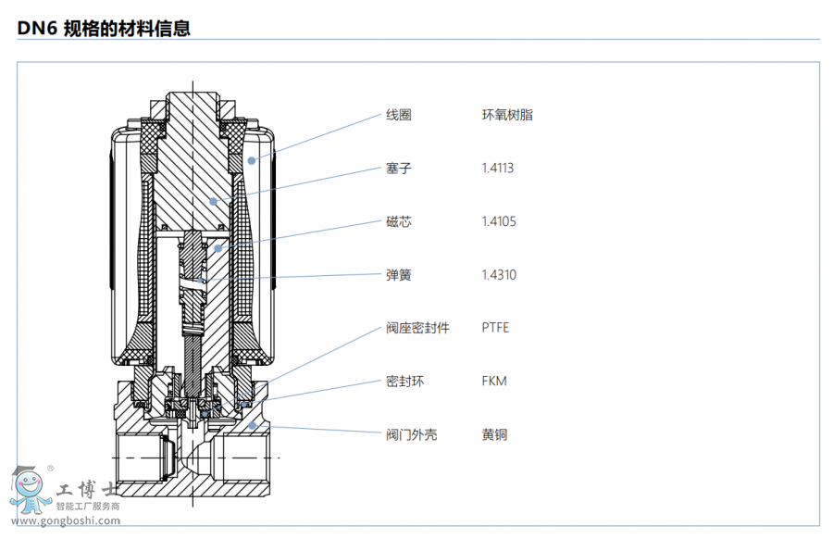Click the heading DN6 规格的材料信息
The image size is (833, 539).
click(104, 29)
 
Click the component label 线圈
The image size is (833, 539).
click(398, 115)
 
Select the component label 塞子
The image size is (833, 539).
click(398, 169)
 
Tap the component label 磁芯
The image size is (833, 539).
click(398, 221)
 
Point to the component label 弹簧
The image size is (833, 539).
click(398, 275)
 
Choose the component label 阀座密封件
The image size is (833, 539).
click(417, 328)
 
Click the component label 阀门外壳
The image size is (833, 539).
click(411, 434)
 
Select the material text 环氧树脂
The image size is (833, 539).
click(507, 115)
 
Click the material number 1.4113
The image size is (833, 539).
click(498, 169)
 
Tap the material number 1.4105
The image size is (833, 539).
click(499, 221)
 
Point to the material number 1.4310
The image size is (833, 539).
click(499, 275)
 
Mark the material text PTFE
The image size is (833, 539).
click(495, 328)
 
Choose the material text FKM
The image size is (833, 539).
click(494, 382)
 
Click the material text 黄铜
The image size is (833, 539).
click(494, 434)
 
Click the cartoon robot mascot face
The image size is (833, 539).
click(28, 486)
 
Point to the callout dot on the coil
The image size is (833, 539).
click(252, 160)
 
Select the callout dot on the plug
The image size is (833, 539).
click(213, 200)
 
